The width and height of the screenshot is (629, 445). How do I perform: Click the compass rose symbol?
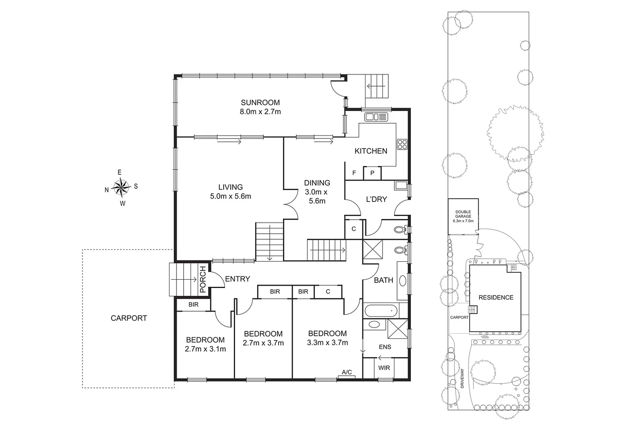121,187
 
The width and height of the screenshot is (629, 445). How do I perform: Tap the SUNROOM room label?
260,103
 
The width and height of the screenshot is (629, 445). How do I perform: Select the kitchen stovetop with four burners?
402,144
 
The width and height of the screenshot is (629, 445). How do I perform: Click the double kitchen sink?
376,117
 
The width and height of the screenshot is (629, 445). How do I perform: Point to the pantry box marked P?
372,173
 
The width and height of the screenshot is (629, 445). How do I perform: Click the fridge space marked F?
354,173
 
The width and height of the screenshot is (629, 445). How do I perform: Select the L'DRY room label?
376,199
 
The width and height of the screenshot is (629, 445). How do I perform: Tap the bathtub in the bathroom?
381,311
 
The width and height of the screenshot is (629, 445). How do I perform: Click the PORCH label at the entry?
203,279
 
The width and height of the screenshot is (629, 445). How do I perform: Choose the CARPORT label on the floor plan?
129,318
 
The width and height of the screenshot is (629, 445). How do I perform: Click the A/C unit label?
347,372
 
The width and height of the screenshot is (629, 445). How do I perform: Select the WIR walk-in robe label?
384,368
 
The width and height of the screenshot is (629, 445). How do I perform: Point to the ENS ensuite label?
385,347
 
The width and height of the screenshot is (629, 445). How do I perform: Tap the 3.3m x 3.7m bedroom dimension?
327,343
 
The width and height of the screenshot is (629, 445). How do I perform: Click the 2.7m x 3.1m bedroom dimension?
205,349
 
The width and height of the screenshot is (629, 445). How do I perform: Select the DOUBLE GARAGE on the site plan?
463,216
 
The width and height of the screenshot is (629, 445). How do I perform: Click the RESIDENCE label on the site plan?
496,297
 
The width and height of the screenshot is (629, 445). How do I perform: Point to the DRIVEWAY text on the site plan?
462,379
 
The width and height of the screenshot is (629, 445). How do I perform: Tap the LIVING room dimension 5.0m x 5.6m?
231,197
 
